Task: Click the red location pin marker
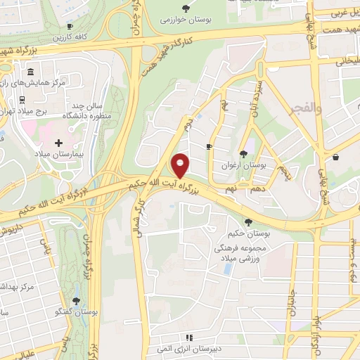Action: tap(181, 165)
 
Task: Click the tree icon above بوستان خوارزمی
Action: tap(186, 8)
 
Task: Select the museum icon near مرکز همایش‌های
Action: tap(30, 72)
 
